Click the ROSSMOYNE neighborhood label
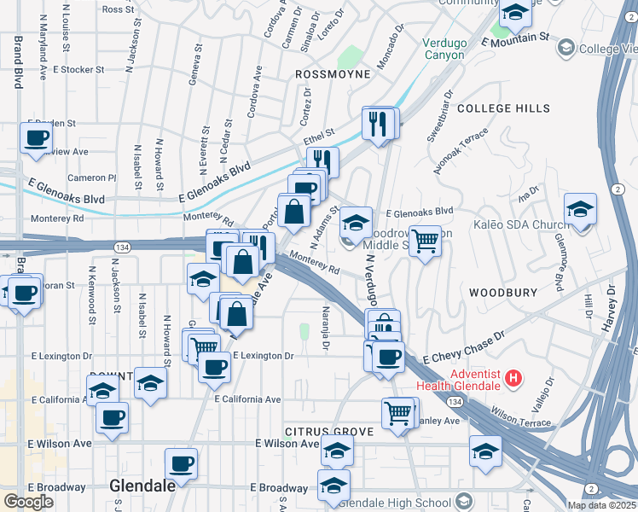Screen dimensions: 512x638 pyautogui.click(x=333, y=74)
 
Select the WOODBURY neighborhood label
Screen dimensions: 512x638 pyautogui.click(x=502, y=292)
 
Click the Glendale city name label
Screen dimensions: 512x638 pyautogui.click(x=142, y=485)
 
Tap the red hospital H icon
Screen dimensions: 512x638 pyautogui.click(x=513, y=376)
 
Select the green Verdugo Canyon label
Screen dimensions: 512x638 pyautogui.click(x=444, y=49)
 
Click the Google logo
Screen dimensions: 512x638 pyautogui.click(x=28, y=502)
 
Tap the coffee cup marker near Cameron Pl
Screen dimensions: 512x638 pyautogui.click(x=36, y=138)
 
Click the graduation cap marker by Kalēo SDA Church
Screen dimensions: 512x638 pyautogui.click(x=580, y=209)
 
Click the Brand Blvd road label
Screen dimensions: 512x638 pyautogui.click(x=17, y=62)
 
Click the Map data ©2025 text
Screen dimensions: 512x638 pyautogui.click(x=601, y=505)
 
